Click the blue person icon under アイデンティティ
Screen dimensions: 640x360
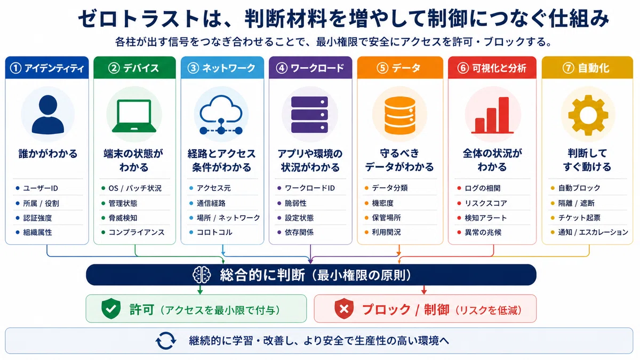click(x=47, y=114)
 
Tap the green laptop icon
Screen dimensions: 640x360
click(x=134, y=116)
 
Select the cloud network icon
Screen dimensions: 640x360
click(x=221, y=115)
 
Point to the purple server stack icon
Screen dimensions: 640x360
click(x=309, y=115)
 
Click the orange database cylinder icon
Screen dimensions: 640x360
click(x=399, y=115)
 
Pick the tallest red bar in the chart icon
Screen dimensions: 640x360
click(x=503, y=115)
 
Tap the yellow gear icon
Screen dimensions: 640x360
click(x=588, y=115)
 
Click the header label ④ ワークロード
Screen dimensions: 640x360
click(x=310, y=68)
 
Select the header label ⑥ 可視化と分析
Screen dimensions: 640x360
click(x=492, y=68)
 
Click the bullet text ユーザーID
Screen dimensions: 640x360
click(x=41, y=188)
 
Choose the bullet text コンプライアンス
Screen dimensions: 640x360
click(x=137, y=233)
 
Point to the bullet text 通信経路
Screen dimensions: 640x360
click(x=211, y=203)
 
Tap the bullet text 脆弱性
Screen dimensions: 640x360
click(x=295, y=203)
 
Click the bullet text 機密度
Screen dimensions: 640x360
click(x=383, y=203)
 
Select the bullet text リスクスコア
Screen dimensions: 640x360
click(x=486, y=203)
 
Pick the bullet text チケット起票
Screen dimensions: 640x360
click(x=579, y=218)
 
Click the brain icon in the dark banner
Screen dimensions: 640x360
click(x=202, y=275)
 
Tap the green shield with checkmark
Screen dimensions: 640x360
click(x=111, y=309)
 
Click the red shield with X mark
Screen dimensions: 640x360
click(x=344, y=309)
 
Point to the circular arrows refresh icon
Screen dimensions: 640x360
click(x=166, y=341)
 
